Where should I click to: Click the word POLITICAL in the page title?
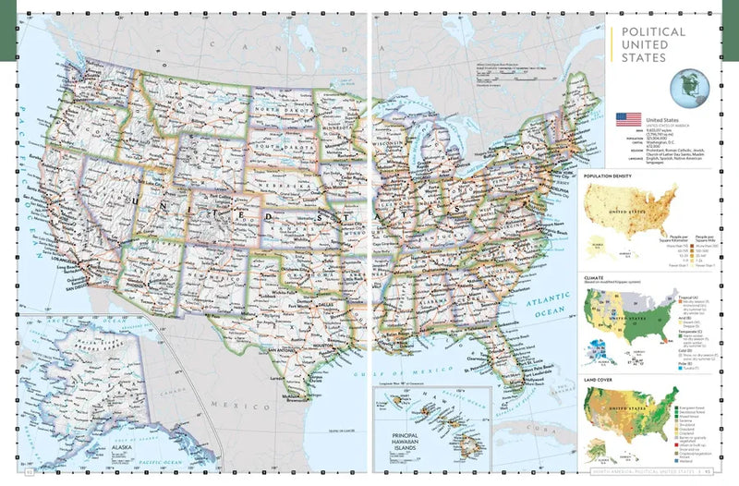[x=653, y=31]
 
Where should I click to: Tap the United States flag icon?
[x=628, y=120]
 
